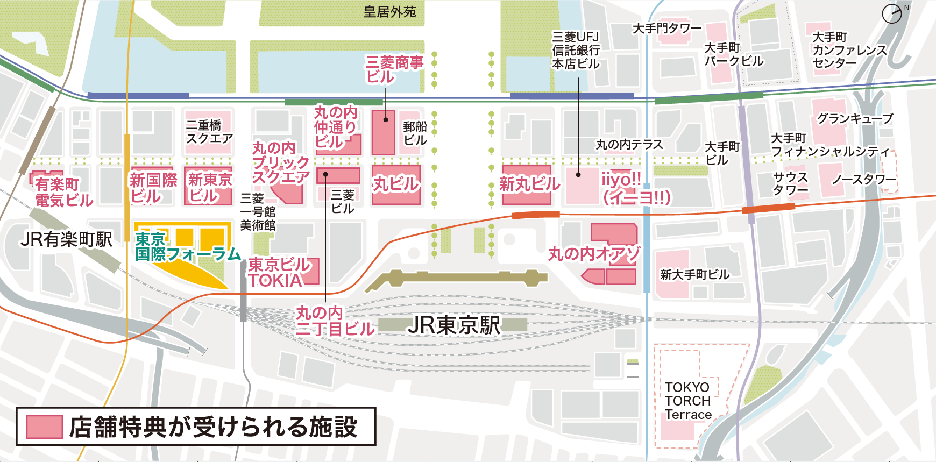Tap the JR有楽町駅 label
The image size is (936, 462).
[x=66, y=239]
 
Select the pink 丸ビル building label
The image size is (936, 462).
[x=395, y=184]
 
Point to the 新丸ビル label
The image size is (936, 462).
[x=529, y=184]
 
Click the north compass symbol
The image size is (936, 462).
[x=892, y=13]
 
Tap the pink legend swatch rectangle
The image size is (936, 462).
[x=45, y=427]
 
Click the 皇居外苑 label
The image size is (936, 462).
[x=389, y=12]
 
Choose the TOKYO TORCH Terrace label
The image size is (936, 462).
[x=688, y=401]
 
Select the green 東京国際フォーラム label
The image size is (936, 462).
[x=187, y=247]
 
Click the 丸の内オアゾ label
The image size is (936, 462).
[x=594, y=253]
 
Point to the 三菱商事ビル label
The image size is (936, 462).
[x=394, y=69]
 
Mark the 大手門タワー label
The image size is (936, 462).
[x=667, y=28]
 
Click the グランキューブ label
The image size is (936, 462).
[x=855, y=118]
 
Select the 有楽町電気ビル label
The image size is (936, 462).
[x=63, y=192]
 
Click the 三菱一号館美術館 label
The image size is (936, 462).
[x=258, y=212]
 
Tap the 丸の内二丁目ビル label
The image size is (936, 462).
[x=335, y=321]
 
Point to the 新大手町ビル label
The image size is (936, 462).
[x=694, y=275]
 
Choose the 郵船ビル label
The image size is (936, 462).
[x=415, y=133]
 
